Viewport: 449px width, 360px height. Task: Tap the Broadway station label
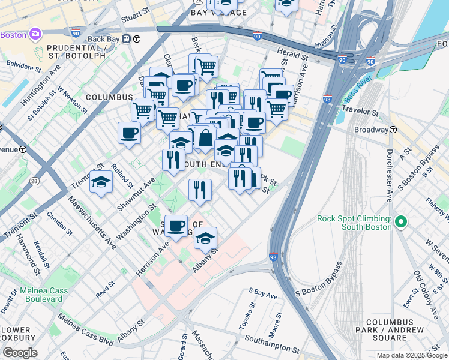pyautogui.click(x=371, y=130)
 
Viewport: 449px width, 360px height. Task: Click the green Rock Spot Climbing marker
pyautogui.click(x=400, y=222)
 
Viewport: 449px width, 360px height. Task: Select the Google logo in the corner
pyautogui.click(x=20, y=352)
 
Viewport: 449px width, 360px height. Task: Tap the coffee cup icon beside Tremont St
pyautogui.click(x=129, y=134)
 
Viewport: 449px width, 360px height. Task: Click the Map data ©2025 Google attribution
pyautogui.click(x=411, y=355)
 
